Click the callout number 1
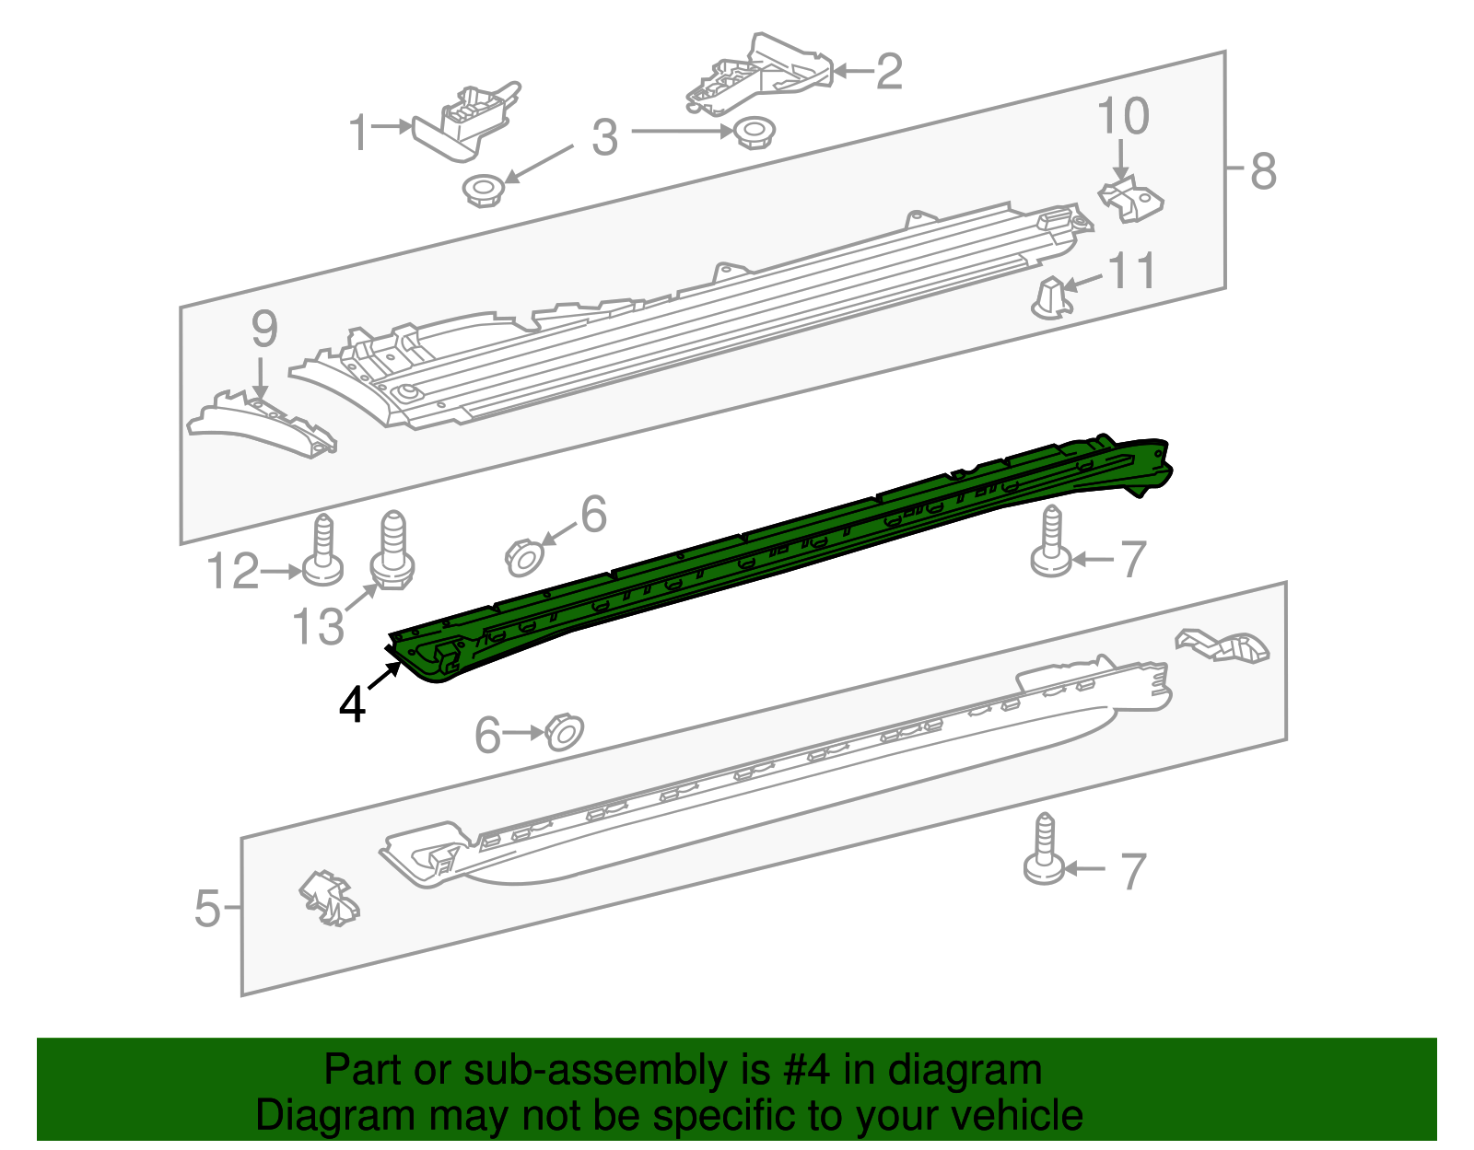(x=358, y=134)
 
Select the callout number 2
(x=888, y=72)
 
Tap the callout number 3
(x=604, y=138)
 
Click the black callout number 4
(x=352, y=705)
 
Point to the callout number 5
(x=208, y=909)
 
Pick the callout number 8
(x=1263, y=171)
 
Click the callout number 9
(x=264, y=330)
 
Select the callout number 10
(x=1123, y=117)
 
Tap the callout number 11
(x=1131, y=272)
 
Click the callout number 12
(x=232, y=572)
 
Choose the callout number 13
(x=318, y=627)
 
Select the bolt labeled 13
(x=392, y=552)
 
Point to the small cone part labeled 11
(x=1050, y=297)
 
